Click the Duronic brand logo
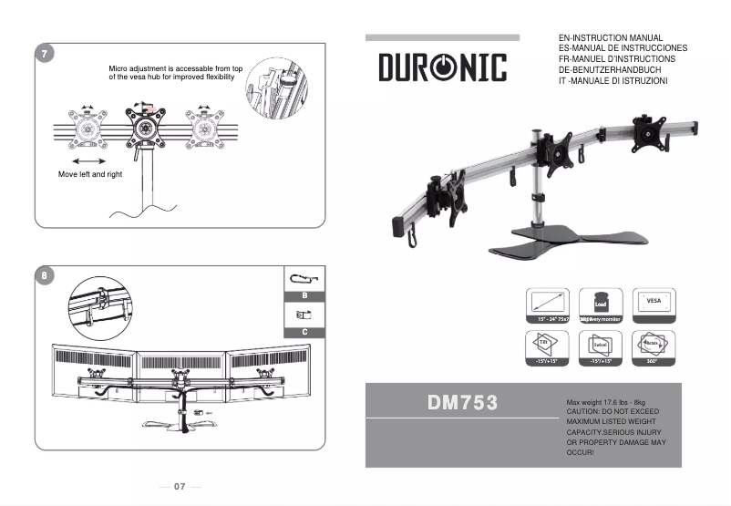442,67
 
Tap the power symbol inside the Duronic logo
443,67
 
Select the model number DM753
462,402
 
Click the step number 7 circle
44,54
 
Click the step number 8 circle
44,274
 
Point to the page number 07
180,487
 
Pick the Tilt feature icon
548,346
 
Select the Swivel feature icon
601,346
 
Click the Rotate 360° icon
654,346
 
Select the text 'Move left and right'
89,173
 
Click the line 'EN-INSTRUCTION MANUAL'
610,37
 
